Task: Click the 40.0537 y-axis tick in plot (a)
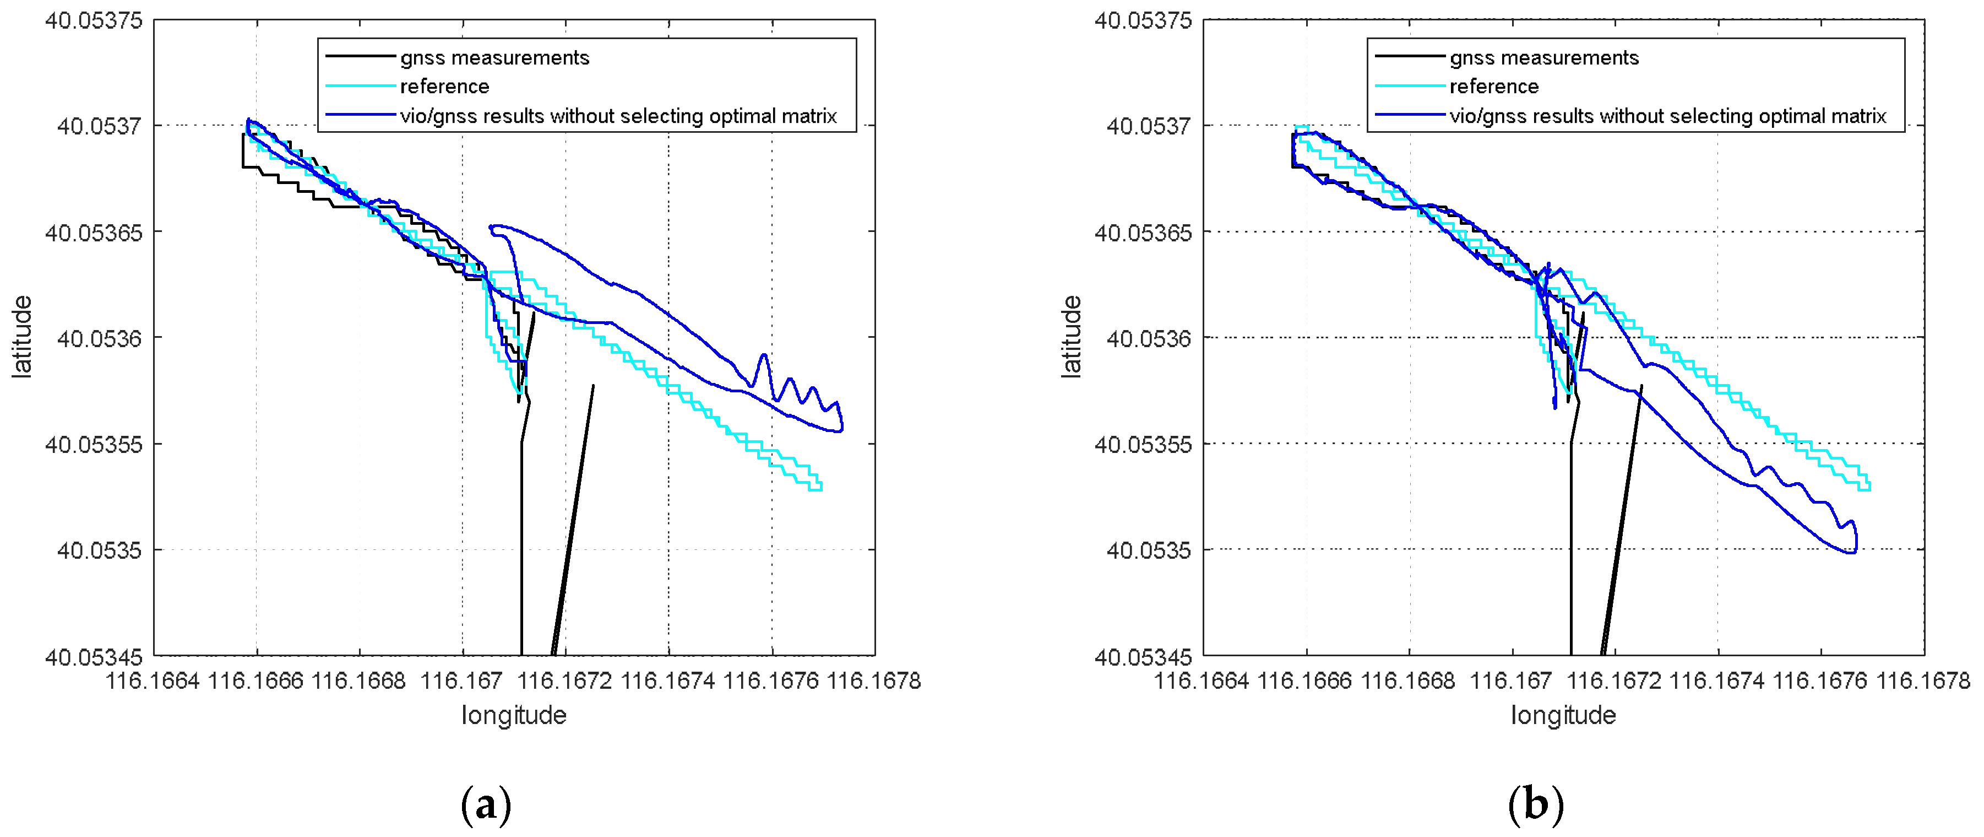[x=99, y=126]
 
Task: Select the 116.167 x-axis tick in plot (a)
[x=461, y=681]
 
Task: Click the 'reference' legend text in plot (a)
[x=444, y=87]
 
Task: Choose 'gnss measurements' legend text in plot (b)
[x=1543, y=58]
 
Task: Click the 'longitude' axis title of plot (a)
[x=514, y=715]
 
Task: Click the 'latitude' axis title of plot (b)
[x=1072, y=337]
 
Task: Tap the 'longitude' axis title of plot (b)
[x=1563, y=715]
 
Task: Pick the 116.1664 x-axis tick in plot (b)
[x=1202, y=681]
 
